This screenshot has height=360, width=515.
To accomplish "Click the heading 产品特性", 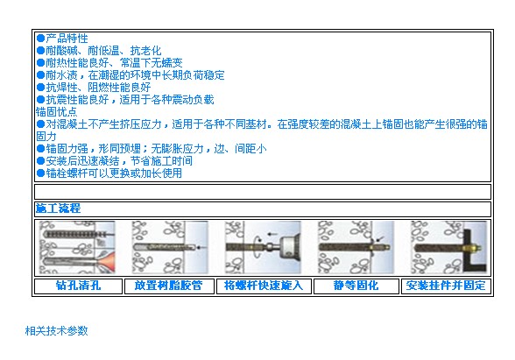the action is point(67,39).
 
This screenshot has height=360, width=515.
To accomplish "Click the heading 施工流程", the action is point(58,208).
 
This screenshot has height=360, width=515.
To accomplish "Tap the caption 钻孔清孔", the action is point(78,286).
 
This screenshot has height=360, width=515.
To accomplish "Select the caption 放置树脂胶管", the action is point(168,286).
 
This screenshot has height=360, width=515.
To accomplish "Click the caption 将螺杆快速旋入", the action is point(264,286).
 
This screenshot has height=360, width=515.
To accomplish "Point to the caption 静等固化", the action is point(356,286).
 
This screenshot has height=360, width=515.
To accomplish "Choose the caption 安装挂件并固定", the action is point(446,286).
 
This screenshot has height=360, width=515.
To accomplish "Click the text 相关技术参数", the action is point(56,330).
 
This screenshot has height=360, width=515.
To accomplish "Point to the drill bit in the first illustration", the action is point(76,235).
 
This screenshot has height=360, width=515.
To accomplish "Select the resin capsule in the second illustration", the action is point(165,247).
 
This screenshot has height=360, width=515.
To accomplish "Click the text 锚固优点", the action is point(56,112).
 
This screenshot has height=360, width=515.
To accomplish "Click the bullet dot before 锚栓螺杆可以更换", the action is point(40,173).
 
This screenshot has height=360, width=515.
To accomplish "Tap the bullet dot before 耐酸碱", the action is point(40,51).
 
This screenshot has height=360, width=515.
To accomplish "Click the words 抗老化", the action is point(145,51).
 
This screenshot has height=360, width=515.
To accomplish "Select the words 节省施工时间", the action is point(161,161).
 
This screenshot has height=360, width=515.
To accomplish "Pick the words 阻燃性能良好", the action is point(119,88).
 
